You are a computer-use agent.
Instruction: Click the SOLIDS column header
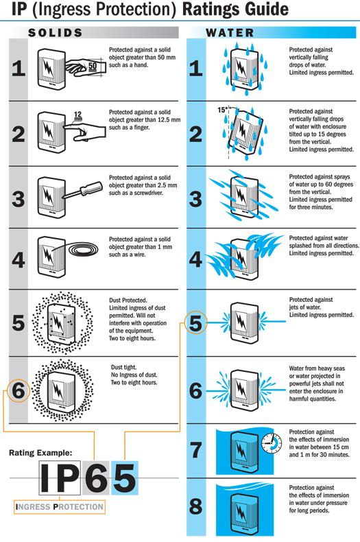56,32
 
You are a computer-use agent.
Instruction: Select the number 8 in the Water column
195,508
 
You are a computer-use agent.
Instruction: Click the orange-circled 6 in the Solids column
19,391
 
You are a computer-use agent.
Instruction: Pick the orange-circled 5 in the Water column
195,323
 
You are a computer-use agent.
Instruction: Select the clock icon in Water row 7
272,443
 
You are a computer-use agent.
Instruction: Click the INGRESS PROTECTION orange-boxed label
60,507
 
